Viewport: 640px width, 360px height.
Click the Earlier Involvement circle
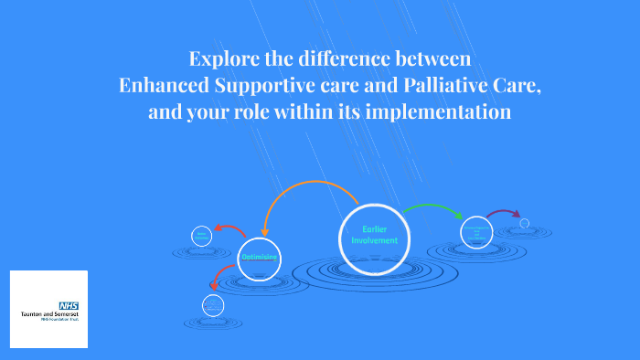(375, 234)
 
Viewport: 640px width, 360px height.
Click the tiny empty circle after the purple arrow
(525, 223)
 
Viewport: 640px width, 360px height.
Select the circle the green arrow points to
(476, 232)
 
